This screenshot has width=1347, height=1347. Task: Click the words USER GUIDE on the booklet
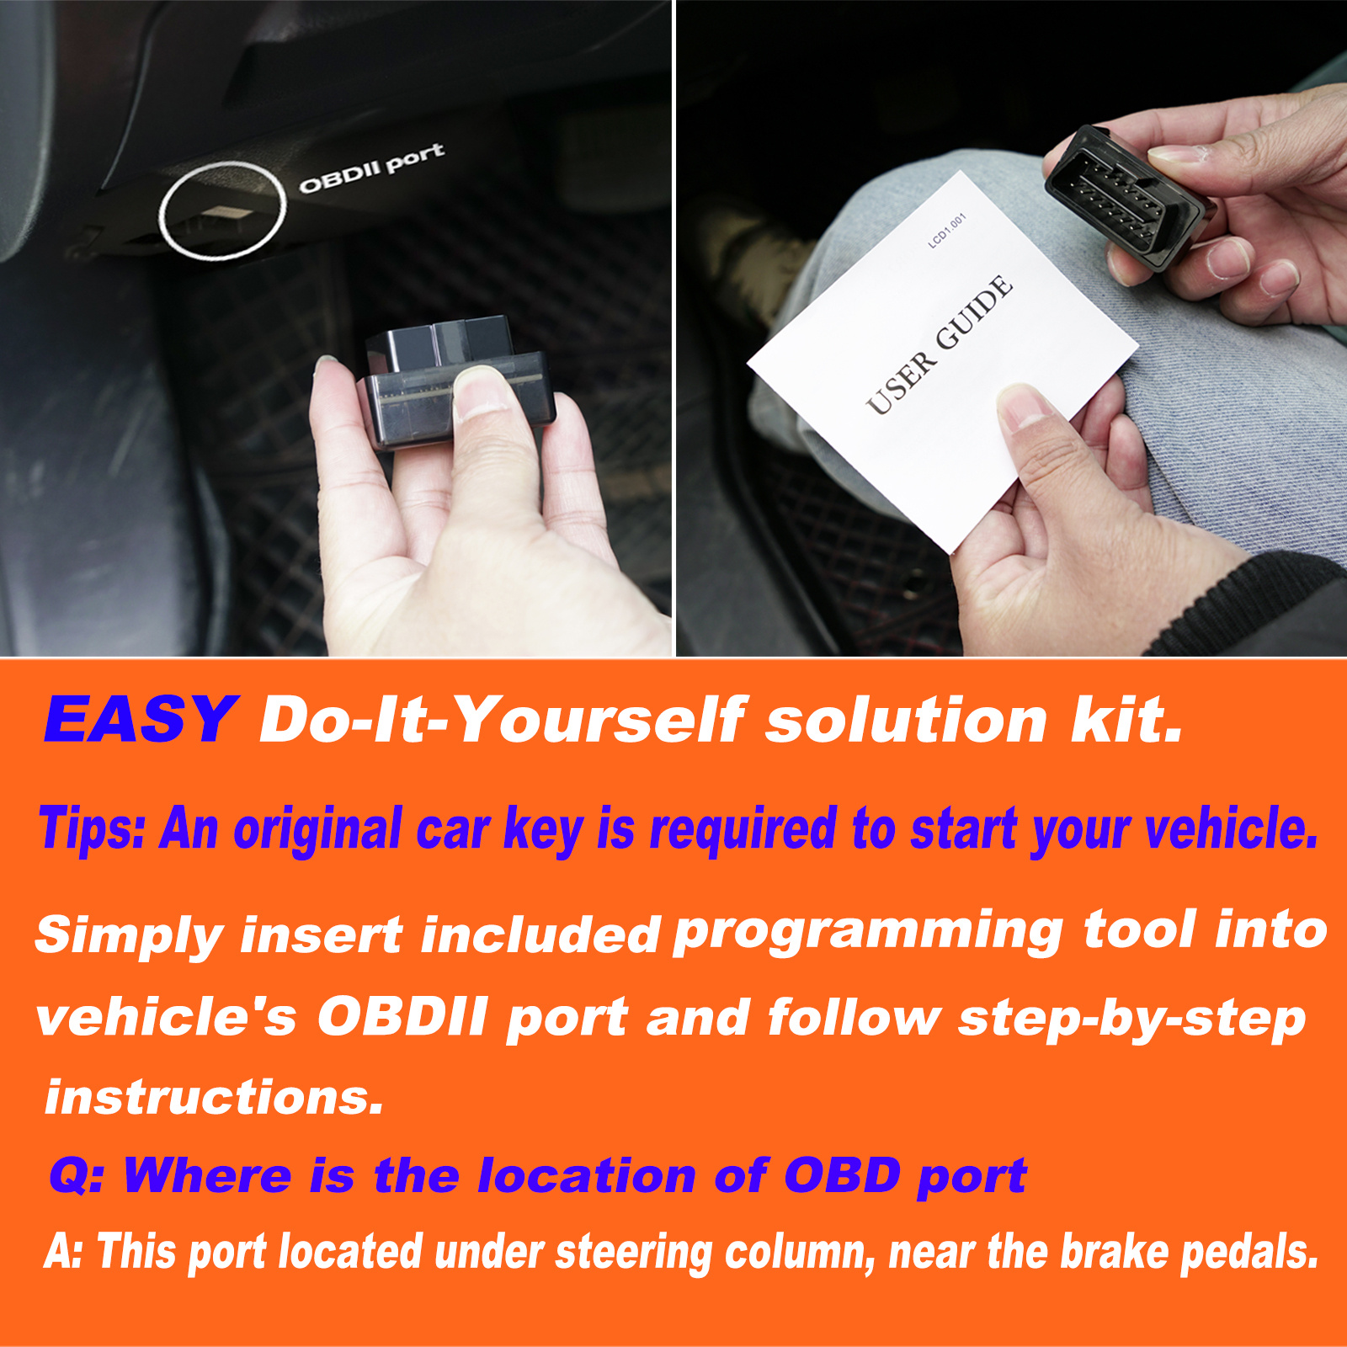tap(940, 344)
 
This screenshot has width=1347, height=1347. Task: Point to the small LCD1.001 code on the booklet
tap(947, 230)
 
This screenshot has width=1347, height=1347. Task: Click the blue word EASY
tap(140, 720)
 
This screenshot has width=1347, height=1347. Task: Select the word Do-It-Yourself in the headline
tap(503, 721)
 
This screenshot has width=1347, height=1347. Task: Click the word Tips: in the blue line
tap(92, 829)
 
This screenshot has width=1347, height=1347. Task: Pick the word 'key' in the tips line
tap(543, 830)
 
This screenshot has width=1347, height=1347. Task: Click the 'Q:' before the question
tap(77, 1175)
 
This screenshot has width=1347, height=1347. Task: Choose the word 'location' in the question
tap(586, 1174)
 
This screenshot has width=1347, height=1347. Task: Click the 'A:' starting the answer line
tap(63, 1251)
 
